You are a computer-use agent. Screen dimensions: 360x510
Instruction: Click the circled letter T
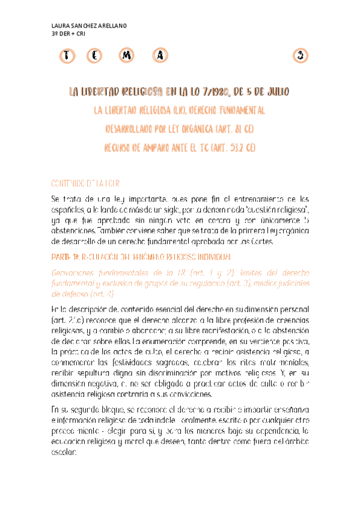coord(68,56)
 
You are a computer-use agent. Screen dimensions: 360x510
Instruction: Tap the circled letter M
coord(126,56)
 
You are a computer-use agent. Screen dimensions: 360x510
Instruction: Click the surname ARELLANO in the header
coord(109,26)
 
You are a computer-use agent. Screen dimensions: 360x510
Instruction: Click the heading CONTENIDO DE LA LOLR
coord(85,183)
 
